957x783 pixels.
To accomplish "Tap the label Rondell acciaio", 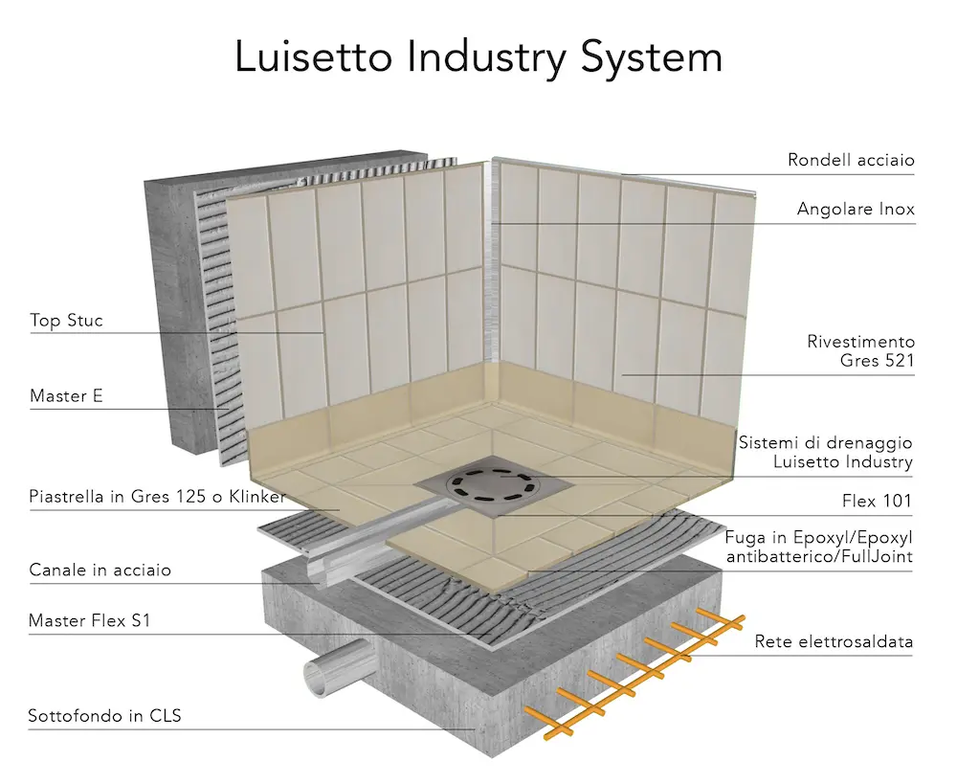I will click(851, 160).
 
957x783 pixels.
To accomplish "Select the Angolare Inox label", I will click(856, 209).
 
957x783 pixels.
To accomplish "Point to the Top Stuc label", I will click(66, 320).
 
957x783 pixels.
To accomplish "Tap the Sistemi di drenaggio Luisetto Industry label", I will click(826, 452).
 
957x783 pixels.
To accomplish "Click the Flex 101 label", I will click(879, 500).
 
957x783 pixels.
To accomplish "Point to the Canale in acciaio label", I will click(100, 570).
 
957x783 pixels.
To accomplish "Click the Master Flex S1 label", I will click(90, 620).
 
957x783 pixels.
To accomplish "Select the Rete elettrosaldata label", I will click(834, 642).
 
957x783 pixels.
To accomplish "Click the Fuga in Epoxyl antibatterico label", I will click(817, 546).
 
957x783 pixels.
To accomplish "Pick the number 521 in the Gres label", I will click(898, 361).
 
